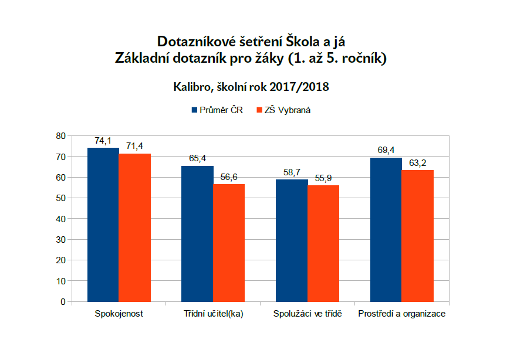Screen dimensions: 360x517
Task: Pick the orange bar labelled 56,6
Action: point(229,243)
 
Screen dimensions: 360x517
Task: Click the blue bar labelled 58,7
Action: point(292,240)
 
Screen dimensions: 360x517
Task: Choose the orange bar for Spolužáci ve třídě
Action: point(323,243)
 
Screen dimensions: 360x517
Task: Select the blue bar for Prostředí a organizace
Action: point(386,229)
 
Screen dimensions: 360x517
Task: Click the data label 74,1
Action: point(103,141)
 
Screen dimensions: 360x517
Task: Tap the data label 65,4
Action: point(197,158)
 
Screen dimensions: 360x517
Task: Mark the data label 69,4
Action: point(386,150)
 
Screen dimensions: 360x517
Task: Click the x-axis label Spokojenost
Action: point(119,314)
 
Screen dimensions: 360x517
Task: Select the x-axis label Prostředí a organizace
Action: point(401,314)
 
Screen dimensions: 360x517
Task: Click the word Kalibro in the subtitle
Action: point(192,87)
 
